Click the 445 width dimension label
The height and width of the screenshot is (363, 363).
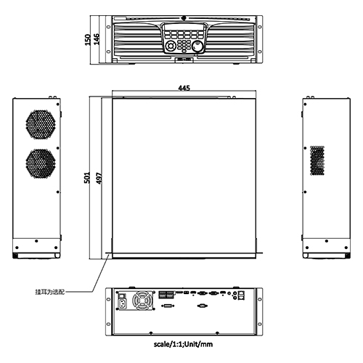pos(184,88)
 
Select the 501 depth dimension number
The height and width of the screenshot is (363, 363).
pos(86,177)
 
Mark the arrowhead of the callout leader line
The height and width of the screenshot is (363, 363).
pos(108,254)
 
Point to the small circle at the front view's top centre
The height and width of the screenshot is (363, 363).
pos(184,19)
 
